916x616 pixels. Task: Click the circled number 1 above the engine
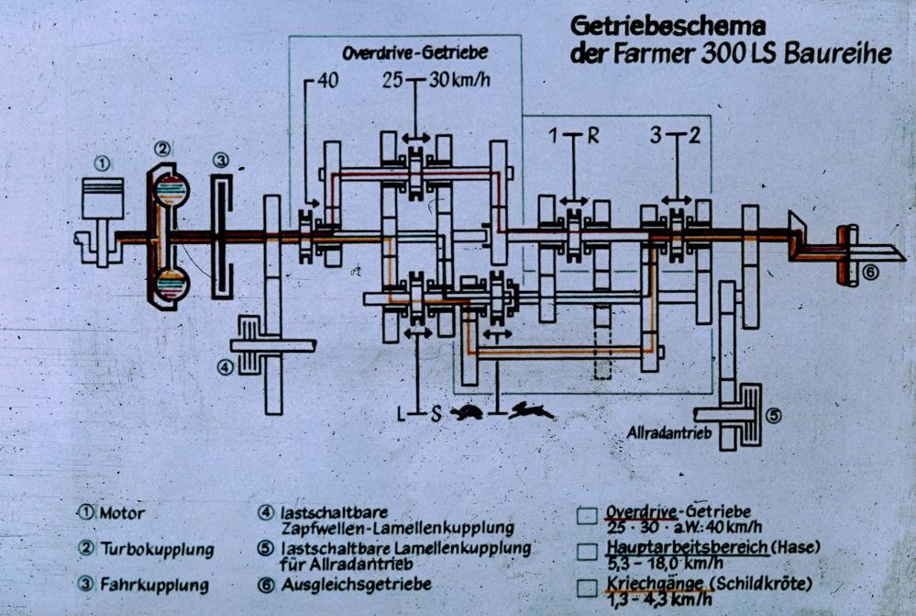[x=103, y=164]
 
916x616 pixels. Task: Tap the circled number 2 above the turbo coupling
[x=163, y=148]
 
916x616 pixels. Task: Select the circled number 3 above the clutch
[x=221, y=160]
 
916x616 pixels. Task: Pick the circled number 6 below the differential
[x=869, y=272]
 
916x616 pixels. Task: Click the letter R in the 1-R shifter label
[x=592, y=138]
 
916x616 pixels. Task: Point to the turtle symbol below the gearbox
[x=469, y=413]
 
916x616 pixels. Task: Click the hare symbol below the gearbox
[x=533, y=412]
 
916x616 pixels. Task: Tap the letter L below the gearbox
[x=401, y=413]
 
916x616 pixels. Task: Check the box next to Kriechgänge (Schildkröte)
[x=587, y=588]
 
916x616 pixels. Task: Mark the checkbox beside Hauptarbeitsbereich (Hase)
[x=587, y=553]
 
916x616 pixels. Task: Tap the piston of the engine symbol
[x=103, y=203]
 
